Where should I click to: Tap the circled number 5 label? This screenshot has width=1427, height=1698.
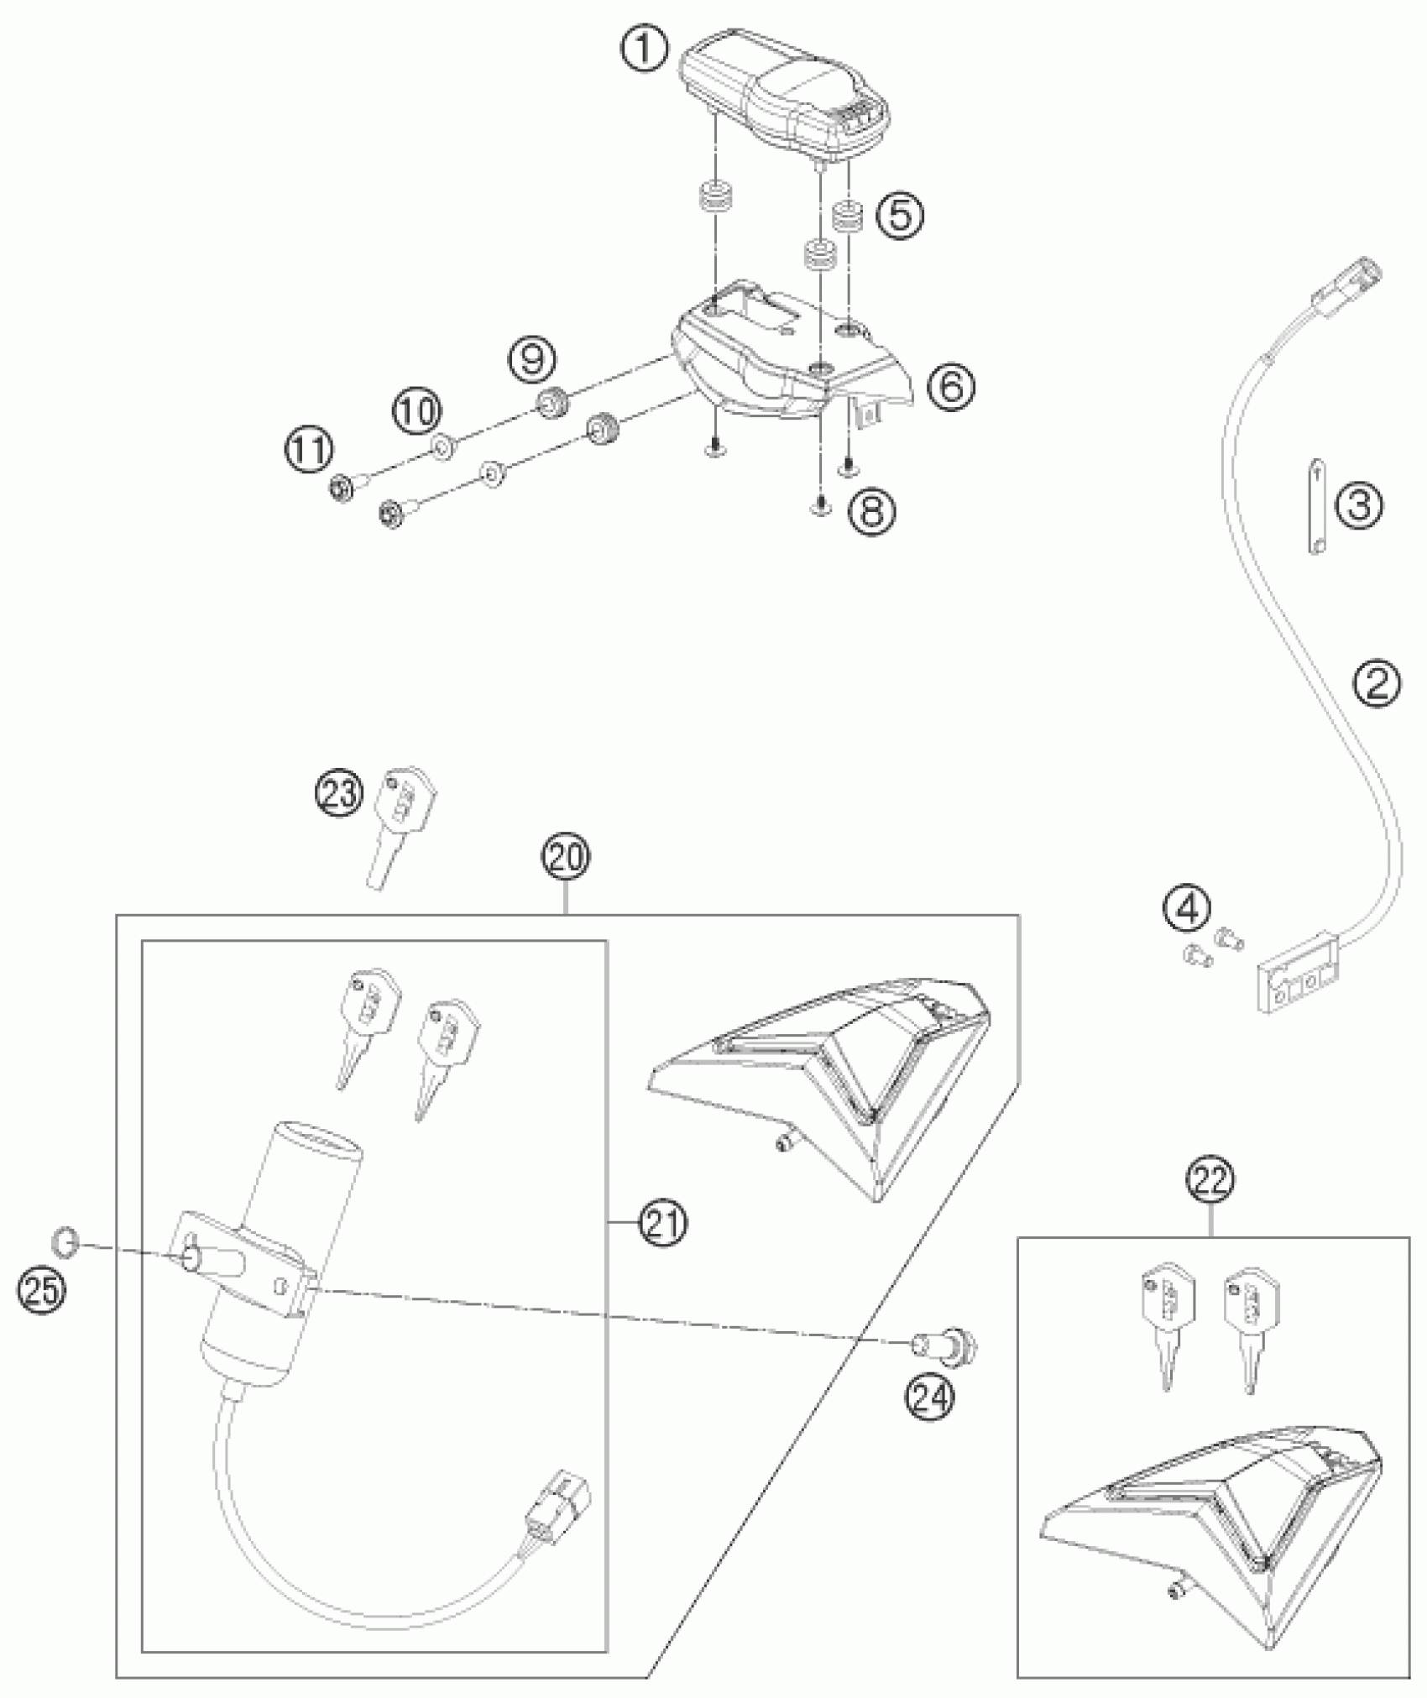[x=900, y=216]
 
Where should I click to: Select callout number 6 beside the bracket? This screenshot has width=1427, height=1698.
[x=952, y=386]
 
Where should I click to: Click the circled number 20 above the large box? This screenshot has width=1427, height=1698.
[x=566, y=858]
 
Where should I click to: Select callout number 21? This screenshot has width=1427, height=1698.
[x=663, y=1225]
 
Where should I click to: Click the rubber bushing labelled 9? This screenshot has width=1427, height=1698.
[x=553, y=405]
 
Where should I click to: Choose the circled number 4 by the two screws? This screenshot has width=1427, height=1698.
[x=1187, y=909]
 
